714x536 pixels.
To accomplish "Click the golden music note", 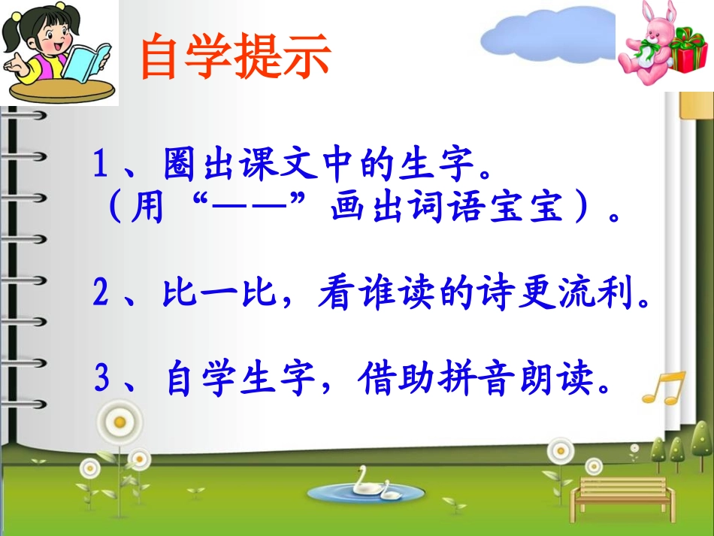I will coord(664,388).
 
